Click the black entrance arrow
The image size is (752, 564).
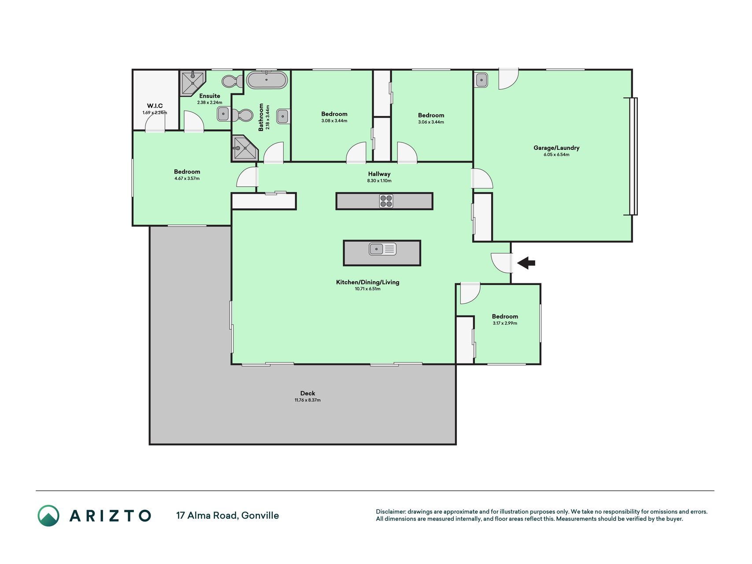[x=526, y=263]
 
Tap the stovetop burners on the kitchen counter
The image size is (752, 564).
[x=386, y=201]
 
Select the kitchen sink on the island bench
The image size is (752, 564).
[x=382, y=249]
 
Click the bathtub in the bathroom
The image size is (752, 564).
[x=267, y=80]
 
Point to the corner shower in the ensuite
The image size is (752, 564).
[x=192, y=82]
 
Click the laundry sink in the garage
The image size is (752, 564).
[x=482, y=80]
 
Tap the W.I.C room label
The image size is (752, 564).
[x=155, y=106]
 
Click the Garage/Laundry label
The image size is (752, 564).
[x=556, y=148]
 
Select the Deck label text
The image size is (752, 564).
[x=307, y=393]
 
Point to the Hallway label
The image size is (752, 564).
[x=379, y=174]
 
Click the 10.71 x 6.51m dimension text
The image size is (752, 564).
[x=367, y=289]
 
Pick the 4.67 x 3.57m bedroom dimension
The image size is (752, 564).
[x=187, y=178]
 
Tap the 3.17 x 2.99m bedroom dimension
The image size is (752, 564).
[x=505, y=323]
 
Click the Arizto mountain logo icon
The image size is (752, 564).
[x=48, y=516]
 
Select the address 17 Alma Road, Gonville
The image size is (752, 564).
[x=227, y=516]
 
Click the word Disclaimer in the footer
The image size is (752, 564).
[x=391, y=512]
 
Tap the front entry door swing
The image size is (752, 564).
[x=502, y=263]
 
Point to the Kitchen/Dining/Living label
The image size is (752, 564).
[x=367, y=282]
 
